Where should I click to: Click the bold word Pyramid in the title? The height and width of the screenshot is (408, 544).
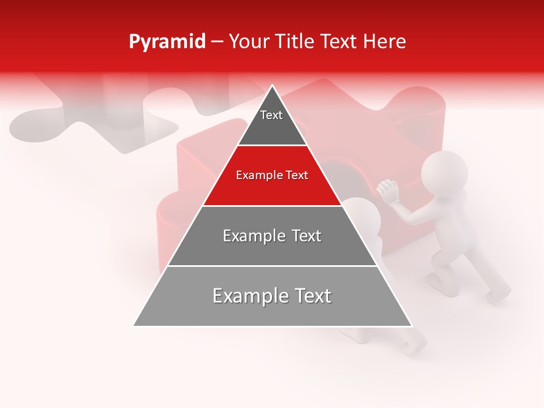pos(167,42)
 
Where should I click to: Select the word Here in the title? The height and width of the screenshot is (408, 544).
pos(385,42)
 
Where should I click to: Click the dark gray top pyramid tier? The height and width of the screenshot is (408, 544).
pos(272,125)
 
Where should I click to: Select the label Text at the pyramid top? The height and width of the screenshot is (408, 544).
pos(271,115)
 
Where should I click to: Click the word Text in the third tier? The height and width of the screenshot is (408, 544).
pos(303,236)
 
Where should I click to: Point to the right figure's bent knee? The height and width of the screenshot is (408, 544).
pos(437,261)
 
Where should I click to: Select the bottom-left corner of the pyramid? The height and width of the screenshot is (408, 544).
pos(134,326)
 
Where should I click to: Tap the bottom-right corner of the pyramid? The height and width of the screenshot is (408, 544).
pos(412,326)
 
